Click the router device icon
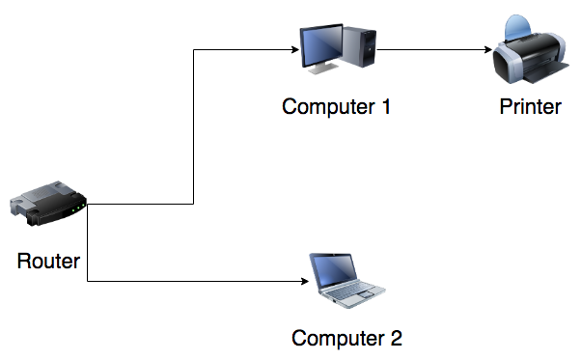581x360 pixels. point(48,204)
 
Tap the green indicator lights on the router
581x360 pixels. point(78,208)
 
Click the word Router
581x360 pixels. point(48,262)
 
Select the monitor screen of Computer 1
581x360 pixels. point(321,46)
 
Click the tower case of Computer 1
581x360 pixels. point(359,46)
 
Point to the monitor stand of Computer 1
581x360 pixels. point(323,69)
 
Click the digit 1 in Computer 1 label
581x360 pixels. point(385,107)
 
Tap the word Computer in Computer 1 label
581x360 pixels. point(328,107)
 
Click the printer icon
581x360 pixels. point(531,49)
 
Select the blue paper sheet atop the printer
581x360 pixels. point(517,27)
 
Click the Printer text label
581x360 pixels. point(530,107)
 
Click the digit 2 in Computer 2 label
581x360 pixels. point(396,338)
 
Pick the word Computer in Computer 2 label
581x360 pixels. point(338,339)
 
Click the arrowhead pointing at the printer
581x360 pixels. point(488,49)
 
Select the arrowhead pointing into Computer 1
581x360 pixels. point(295,49)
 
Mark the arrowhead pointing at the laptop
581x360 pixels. point(305,281)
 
